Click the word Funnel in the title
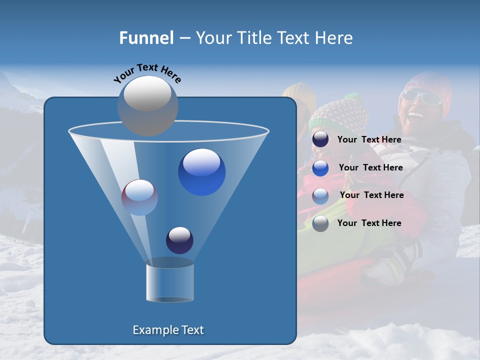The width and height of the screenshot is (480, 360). pos(146,38)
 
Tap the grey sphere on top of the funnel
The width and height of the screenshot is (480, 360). pos(147,105)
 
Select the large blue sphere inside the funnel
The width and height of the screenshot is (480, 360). pos(201,172)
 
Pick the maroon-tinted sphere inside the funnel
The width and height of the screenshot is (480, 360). pos(139,197)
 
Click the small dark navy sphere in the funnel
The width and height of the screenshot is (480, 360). pos(179,240)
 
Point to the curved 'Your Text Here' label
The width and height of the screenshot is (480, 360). pos(147,72)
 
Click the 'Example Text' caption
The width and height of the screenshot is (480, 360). pos(168,330)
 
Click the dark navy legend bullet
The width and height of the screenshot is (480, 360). pos(320,139)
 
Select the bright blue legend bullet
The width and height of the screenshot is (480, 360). pos(320,168)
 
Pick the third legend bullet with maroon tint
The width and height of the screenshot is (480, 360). pos(320,195)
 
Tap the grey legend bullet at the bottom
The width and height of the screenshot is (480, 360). pos(320,223)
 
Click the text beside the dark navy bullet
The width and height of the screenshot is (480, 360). pos(369,139)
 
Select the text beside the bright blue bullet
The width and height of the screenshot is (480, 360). pos(370,167)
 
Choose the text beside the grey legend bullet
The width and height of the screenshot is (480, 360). pos(369,223)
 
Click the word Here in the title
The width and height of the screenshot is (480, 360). pos(334,38)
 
